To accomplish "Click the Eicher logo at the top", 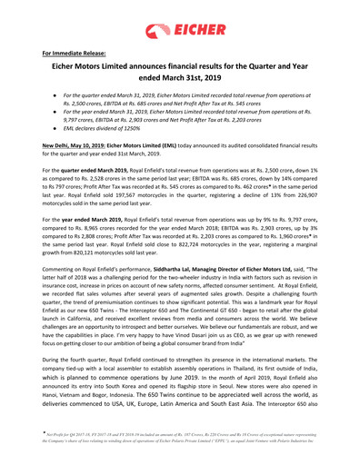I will [x=180, y=20].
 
